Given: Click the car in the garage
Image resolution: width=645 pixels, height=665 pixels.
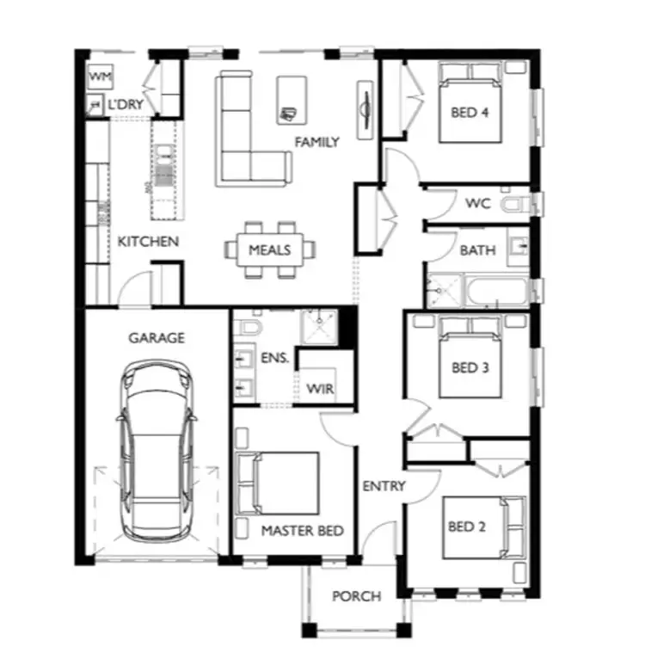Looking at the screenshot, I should point(157,452).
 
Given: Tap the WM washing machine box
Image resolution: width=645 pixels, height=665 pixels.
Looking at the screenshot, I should point(101,77).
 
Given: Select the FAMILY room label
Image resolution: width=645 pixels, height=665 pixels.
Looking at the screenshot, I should point(316,142).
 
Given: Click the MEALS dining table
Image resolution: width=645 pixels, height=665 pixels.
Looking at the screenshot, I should point(270,250).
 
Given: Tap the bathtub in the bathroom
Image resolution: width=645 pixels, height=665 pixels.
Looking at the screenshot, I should point(497,291).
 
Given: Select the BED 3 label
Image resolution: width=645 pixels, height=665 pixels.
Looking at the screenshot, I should point(470,367).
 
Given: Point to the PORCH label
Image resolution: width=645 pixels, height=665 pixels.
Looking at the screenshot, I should point(356,596).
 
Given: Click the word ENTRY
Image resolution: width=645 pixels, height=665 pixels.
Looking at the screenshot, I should point(384,486).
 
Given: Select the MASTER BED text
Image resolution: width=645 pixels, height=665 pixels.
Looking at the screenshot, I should point(302,531).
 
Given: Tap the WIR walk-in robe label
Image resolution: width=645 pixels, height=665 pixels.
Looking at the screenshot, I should point(320,389).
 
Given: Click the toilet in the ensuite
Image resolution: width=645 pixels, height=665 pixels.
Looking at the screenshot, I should point(248,328).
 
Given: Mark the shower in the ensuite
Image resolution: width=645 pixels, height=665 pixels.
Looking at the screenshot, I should point(319,327).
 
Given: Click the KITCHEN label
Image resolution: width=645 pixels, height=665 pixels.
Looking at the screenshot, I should point(148,241).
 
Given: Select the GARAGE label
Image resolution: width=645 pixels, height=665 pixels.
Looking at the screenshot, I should point(157,338).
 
